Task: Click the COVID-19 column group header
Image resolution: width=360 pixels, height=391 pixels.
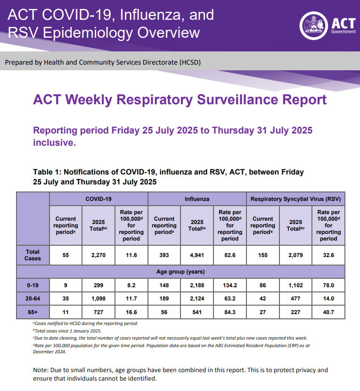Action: click(x=98, y=199)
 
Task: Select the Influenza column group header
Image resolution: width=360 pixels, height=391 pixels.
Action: click(x=197, y=199)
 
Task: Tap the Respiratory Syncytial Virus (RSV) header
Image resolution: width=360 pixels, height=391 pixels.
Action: click(x=295, y=199)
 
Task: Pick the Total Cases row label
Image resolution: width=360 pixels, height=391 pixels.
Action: click(x=33, y=255)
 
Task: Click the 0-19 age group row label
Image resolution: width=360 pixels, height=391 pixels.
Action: click(x=33, y=285)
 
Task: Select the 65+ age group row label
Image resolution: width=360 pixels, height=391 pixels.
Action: click(x=33, y=312)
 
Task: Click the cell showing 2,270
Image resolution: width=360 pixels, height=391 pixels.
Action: click(x=98, y=255)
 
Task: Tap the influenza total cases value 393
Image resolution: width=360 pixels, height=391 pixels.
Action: click(x=164, y=255)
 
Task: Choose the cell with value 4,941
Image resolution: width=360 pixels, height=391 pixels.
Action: click(x=197, y=255)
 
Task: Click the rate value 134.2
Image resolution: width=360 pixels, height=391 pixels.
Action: click(x=230, y=285)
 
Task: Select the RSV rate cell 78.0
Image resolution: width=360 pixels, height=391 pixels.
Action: click(x=328, y=285)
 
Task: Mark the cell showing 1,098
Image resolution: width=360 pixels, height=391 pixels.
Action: click(x=98, y=299)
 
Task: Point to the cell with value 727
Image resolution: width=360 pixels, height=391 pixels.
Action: click(x=98, y=312)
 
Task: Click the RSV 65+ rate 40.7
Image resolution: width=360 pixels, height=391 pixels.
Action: click(x=328, y=312)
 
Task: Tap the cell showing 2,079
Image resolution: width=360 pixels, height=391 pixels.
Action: click(x=295, y=255)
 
